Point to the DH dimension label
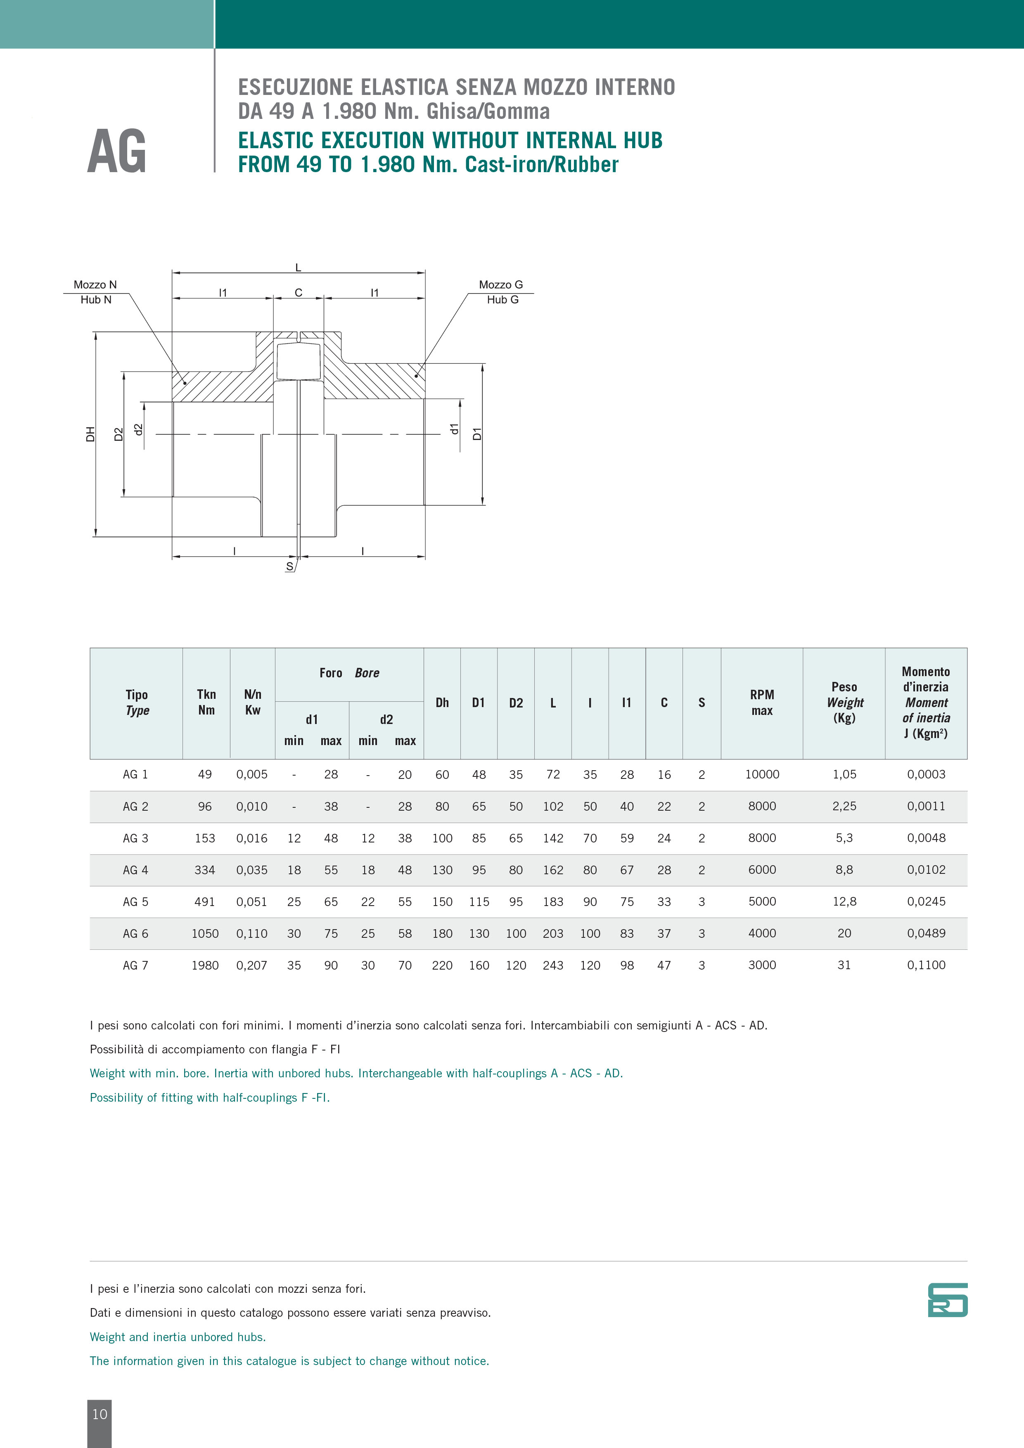90,434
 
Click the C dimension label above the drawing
299,293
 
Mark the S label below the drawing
289,566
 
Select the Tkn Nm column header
206,702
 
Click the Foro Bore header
349,673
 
